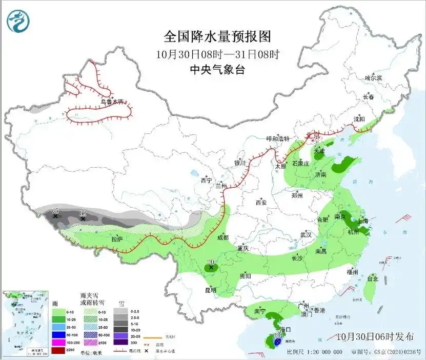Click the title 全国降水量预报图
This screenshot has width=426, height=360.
(x=217, y=36)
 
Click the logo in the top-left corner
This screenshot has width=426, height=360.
(x=18, y=21)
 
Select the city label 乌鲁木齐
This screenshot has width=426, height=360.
(x=112, y=102)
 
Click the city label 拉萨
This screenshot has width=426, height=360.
(x=117, y=239)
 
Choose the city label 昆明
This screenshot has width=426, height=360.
(x=211, y=290)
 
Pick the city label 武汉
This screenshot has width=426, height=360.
(x=306, y=234)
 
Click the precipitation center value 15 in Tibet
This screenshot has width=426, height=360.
(x=55, y=211)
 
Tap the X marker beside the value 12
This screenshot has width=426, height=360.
(x=83, y=219)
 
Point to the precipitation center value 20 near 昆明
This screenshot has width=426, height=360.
(x=210, y=262)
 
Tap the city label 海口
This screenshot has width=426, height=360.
(x=286, y=329)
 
